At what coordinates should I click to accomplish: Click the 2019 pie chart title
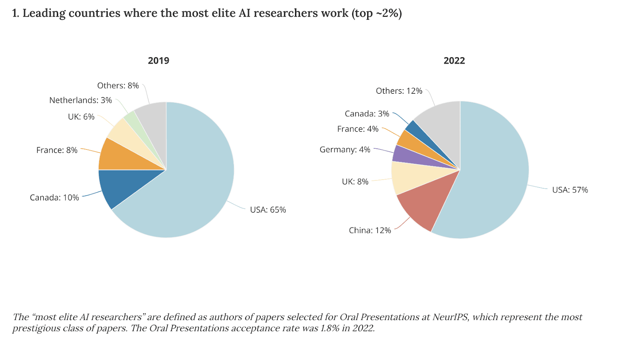tap(158, 61)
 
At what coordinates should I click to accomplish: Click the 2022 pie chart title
tap(454, 61)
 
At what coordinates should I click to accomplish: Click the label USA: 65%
tap(268, 210)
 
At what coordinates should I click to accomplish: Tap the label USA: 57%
tap(570, 190)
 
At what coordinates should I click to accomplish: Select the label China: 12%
tap(370, 230)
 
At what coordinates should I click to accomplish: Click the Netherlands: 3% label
tap(80, 100)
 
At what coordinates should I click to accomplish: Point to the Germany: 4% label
tap(345, 150)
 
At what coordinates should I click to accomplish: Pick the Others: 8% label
tap(118, 85)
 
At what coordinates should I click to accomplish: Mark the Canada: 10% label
tap(54, 197)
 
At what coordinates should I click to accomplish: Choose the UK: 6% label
tap(81, 117)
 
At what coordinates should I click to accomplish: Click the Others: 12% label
tap(399, 91)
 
